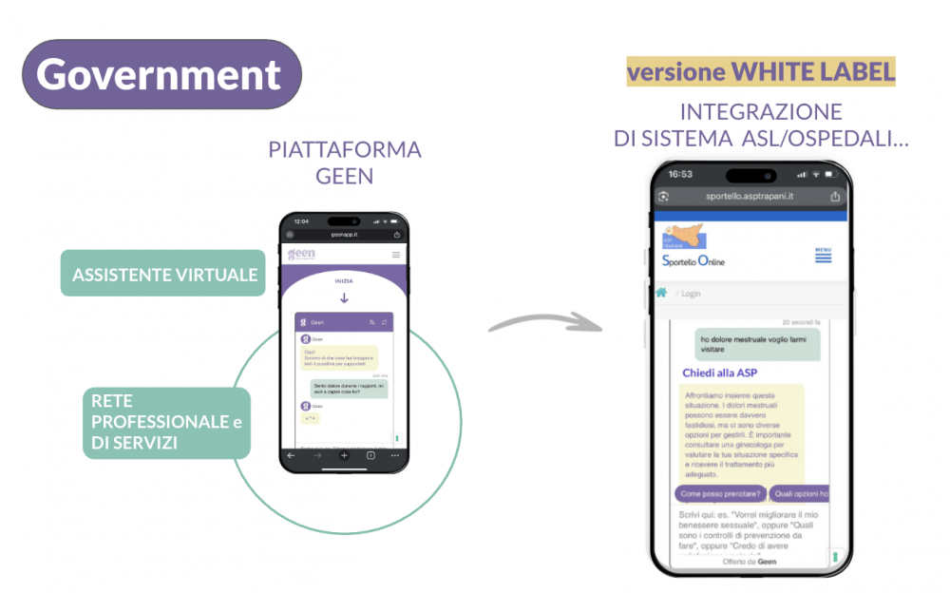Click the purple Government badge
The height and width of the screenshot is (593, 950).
(161, 74)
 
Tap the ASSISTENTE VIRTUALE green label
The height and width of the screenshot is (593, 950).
(163, 275)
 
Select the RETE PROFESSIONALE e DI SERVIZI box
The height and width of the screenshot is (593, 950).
(166, 422)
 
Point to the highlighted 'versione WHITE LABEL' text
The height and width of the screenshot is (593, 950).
(761, 72)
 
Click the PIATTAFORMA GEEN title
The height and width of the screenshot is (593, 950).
(344, 162)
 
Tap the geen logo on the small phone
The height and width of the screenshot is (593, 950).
(301, 254)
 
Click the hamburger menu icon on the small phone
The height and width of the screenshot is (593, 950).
(396, 255)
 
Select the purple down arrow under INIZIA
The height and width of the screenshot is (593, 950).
(344, 297)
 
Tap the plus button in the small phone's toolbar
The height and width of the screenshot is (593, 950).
(344, 456)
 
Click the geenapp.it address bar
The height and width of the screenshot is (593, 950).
(344, 234)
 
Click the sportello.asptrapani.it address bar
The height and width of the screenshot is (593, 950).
(750, 196)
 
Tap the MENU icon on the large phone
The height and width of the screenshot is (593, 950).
(823, 255)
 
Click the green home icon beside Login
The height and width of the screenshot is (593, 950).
(661, 293)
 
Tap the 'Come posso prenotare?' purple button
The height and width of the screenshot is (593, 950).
(720, 494)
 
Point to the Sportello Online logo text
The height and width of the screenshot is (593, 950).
(693, 260)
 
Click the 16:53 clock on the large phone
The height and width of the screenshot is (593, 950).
(681, 174)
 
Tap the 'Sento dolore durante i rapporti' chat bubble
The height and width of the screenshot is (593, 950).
(349, 388)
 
